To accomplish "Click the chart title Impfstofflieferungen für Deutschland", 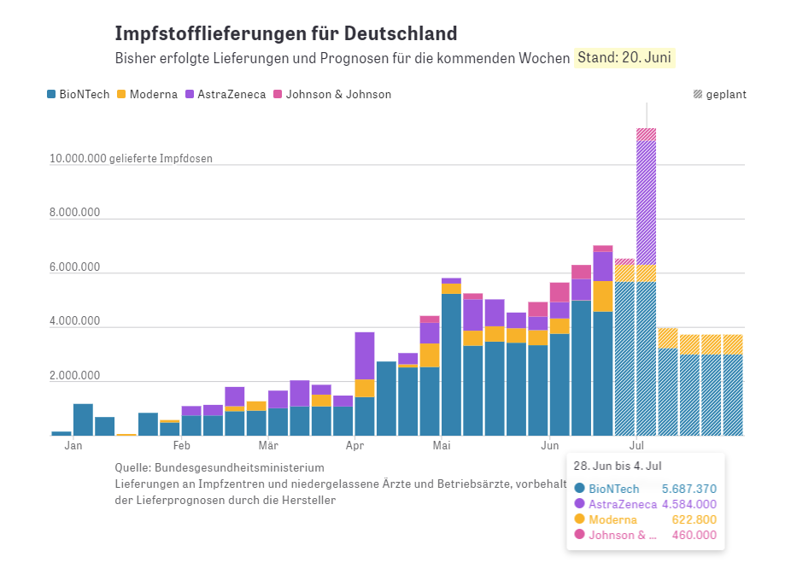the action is coord(286,33).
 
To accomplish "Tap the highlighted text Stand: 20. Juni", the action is coord(624,57).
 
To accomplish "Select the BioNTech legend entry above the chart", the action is coord(79,94).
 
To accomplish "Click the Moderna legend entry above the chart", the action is coord(147,94).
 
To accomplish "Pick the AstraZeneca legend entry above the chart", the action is coord(226,94).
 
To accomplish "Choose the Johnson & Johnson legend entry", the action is coord(332,94).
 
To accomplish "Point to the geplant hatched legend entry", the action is coord(720,94).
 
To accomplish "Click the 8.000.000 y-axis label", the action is coord(74,213).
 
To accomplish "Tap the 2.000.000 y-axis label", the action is coord(74,375).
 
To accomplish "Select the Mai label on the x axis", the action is coord(442,445).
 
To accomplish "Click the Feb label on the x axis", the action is coord(182,445).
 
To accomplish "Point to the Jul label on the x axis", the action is coord(636,445).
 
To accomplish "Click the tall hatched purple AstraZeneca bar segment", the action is coord(647,202).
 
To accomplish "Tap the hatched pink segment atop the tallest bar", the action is coord(647,135).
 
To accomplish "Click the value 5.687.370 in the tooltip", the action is coord(689,489).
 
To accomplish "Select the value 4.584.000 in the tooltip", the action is coord(689,504).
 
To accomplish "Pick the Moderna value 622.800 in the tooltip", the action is coord(694,519).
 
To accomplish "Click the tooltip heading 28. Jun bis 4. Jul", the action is coord(618,466).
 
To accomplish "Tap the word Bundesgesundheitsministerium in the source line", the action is coord(239,467).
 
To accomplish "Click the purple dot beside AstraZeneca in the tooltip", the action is coord(580,503).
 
